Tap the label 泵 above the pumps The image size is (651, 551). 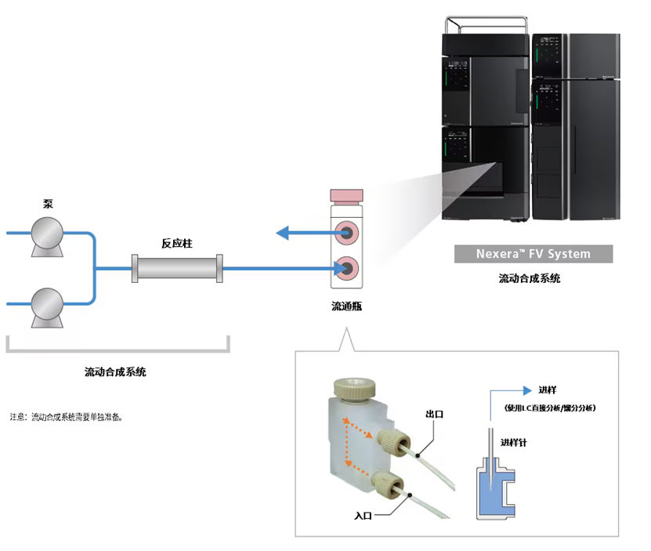48,203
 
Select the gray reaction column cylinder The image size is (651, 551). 178,269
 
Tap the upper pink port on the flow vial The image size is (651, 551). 345,232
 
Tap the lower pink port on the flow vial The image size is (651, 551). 345,269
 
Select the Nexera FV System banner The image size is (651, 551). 533,254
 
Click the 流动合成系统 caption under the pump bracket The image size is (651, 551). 115,372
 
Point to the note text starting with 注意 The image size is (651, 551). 66,417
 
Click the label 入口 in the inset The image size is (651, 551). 363,515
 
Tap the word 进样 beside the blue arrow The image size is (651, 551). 547,390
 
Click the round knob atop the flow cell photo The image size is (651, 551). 352,386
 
